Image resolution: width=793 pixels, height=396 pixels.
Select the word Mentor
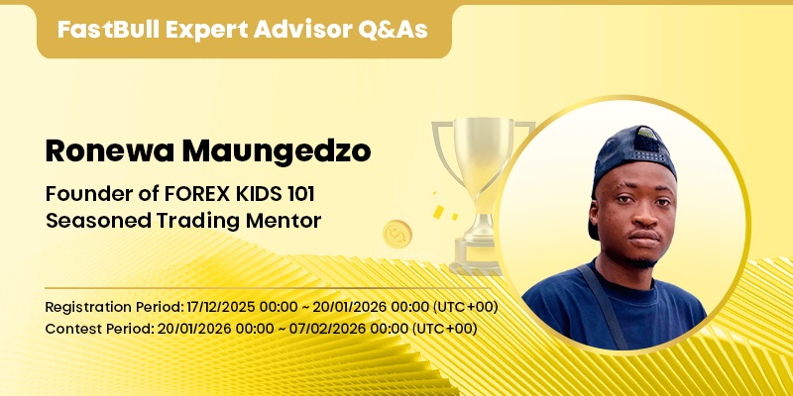click(x=287, y=220)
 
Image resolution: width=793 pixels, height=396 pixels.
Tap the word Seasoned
click(x=91, y=220)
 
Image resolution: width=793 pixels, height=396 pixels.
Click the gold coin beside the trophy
click(x=396, y=235)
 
